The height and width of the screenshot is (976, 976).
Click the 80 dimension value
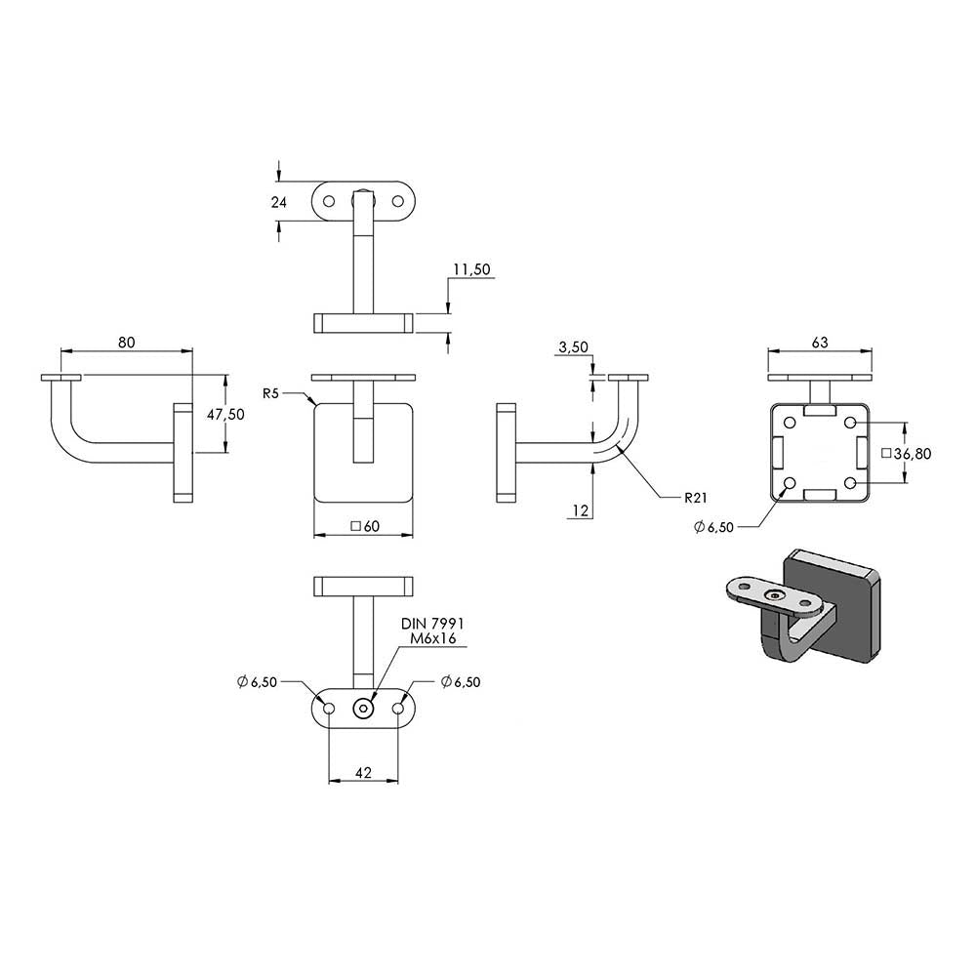coord(126,343)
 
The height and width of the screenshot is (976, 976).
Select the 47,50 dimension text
coord(226,415)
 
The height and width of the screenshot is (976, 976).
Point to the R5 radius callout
coord(270,393)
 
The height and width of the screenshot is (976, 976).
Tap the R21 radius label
coord(695,498)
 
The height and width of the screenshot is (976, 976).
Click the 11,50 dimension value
coord(471,269)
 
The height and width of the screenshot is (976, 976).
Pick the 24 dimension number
coord(279,202)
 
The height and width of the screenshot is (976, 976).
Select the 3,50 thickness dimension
coord(573,347)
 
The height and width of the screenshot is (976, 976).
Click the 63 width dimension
coord(820,343)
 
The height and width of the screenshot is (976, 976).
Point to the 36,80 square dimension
coord(907,454)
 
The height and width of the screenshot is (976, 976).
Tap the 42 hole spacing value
coord(363,772)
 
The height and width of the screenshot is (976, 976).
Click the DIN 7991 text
coord(432,624)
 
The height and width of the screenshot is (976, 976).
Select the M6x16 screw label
coord(433,638)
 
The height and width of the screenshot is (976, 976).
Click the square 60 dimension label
coord(365,527)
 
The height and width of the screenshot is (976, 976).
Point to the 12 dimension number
coord(580,511)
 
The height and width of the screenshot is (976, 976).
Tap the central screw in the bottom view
coord(363,709)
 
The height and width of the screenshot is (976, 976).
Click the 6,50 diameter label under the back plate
coord(714,527)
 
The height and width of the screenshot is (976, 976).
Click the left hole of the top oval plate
coord(329,202)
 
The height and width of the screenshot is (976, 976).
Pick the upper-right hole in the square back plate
coord(851,424)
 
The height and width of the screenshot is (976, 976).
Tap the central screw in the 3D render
coord(773,595)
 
